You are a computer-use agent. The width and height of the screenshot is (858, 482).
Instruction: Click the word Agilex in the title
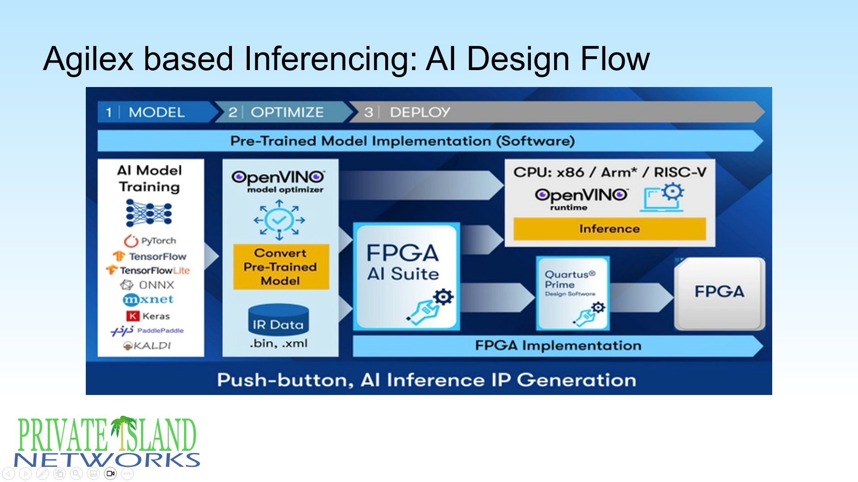[88, 59]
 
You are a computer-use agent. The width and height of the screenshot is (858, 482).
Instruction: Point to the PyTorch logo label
[150, 241]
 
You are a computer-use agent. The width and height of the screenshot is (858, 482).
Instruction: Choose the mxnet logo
[148, 299]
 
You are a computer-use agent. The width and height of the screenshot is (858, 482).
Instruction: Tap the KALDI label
[147, 346]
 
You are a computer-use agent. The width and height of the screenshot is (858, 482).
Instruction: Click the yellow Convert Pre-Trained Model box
[281, 267]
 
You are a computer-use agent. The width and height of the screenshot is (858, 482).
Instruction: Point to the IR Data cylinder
[278, 320]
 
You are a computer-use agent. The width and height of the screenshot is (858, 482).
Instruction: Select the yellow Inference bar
[609, 229]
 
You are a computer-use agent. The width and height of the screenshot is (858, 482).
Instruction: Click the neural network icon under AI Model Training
[149, 213]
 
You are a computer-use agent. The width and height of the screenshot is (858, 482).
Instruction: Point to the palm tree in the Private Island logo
[123, 431]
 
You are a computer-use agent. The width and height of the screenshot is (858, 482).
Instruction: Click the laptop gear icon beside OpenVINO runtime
[664, 198]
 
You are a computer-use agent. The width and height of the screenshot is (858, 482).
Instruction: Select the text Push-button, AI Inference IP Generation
[427, 380]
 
